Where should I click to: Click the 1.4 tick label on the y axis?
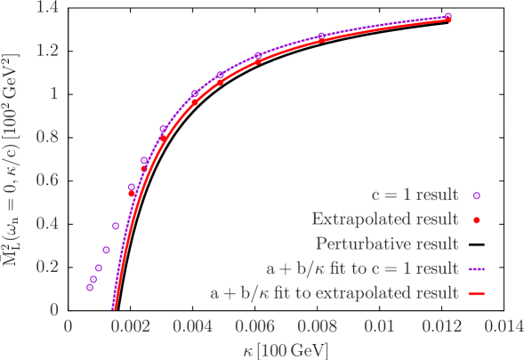[x=45, y=7]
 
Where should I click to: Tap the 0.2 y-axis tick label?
[x=45, y=266]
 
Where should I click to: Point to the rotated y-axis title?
[x=12, y=169]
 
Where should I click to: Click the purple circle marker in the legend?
[x=477, y=195]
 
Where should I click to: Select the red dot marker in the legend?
[x=477, y=219]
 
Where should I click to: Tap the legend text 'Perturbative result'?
[x=387, y=243]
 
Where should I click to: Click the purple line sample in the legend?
[x=476, y=267]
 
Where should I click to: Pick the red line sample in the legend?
[x=476, y=291]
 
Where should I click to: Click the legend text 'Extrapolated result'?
[x=384, y=219]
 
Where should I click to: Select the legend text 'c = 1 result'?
[x=415, y=195]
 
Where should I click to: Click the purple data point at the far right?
[x=447, y=16]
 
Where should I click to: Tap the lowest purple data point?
[x=90, y=287]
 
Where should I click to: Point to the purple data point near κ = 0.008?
[x=321, y=36]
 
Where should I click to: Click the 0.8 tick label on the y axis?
[x=45, y=136]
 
